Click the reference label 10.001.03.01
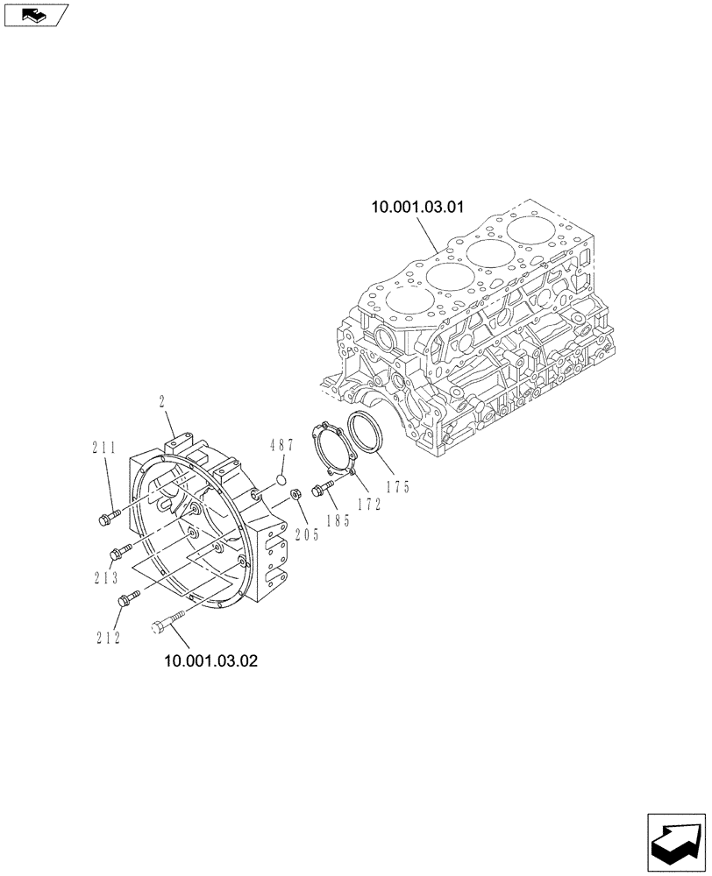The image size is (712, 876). tap(417, 208)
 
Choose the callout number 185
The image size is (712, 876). tap(337, 521)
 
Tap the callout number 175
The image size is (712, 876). tap(397, 487)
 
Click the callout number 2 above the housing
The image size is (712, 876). tap(163, 402)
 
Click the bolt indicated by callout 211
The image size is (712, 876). tap(105, 519)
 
